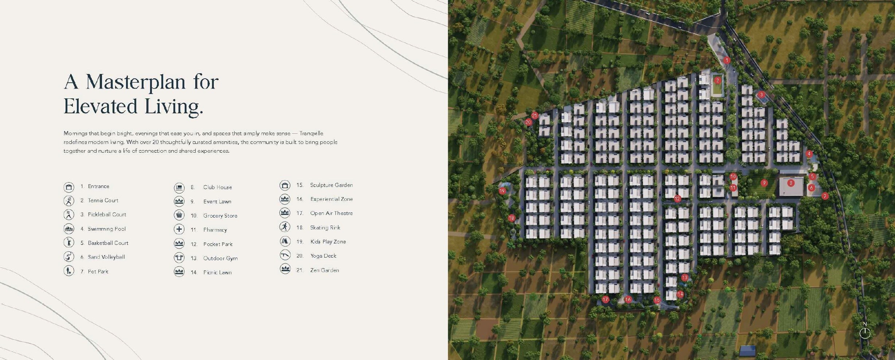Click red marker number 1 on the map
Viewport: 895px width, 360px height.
pos(727,60)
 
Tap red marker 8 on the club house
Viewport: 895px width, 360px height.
pos(790,183)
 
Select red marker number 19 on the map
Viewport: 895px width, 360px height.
pos(502,191)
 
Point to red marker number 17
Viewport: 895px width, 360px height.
pos(605,300)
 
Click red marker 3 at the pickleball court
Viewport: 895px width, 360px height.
pos(761,95)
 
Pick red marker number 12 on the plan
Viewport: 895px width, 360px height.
pos(677,199)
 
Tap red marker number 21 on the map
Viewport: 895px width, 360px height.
pos(534,116)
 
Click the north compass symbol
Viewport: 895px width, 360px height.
pos(865,332)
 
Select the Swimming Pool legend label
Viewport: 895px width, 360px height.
pos(106,229)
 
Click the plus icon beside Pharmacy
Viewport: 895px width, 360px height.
pos(179,229)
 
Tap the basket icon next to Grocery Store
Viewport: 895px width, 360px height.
pos(179,215)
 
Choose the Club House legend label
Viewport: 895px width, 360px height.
pos(217,187)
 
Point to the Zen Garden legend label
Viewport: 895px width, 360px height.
pos(325,270)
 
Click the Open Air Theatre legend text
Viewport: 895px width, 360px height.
pos(331,213)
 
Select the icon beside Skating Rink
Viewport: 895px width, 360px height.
pos(285,227)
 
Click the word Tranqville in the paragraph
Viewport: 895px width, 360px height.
pos(311,133)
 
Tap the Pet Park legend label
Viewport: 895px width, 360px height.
pos(98,271)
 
